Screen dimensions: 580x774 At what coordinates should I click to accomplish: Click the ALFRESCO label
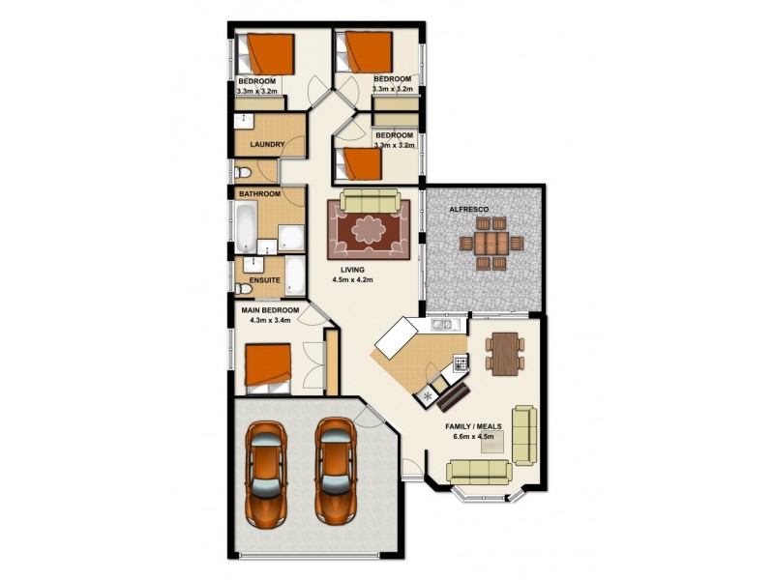pos(468,209)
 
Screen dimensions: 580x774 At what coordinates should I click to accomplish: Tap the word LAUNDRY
pos(266,145)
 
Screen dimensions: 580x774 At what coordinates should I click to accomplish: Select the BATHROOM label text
pos(260,194)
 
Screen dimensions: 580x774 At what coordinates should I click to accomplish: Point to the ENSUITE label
pos(265,280)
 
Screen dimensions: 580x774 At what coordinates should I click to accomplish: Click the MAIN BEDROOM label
pos(271,309)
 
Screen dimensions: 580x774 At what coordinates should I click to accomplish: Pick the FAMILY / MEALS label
pos(474,426)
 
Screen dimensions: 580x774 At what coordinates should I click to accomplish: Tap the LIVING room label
pos(352,270)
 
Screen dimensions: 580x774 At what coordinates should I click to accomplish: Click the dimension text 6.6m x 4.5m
pos(474,437)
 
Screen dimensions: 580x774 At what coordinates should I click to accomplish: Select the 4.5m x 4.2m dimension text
pos(352,280)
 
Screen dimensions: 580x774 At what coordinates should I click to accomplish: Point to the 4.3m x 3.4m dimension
pos(271,320)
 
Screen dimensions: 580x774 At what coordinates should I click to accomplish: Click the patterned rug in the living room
pos(368,230)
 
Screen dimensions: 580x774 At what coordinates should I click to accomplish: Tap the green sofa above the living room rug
pos(369,201)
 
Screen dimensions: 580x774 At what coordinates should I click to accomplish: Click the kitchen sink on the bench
pos(442,326)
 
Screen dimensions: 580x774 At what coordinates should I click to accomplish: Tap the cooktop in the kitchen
pos(461,364)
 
